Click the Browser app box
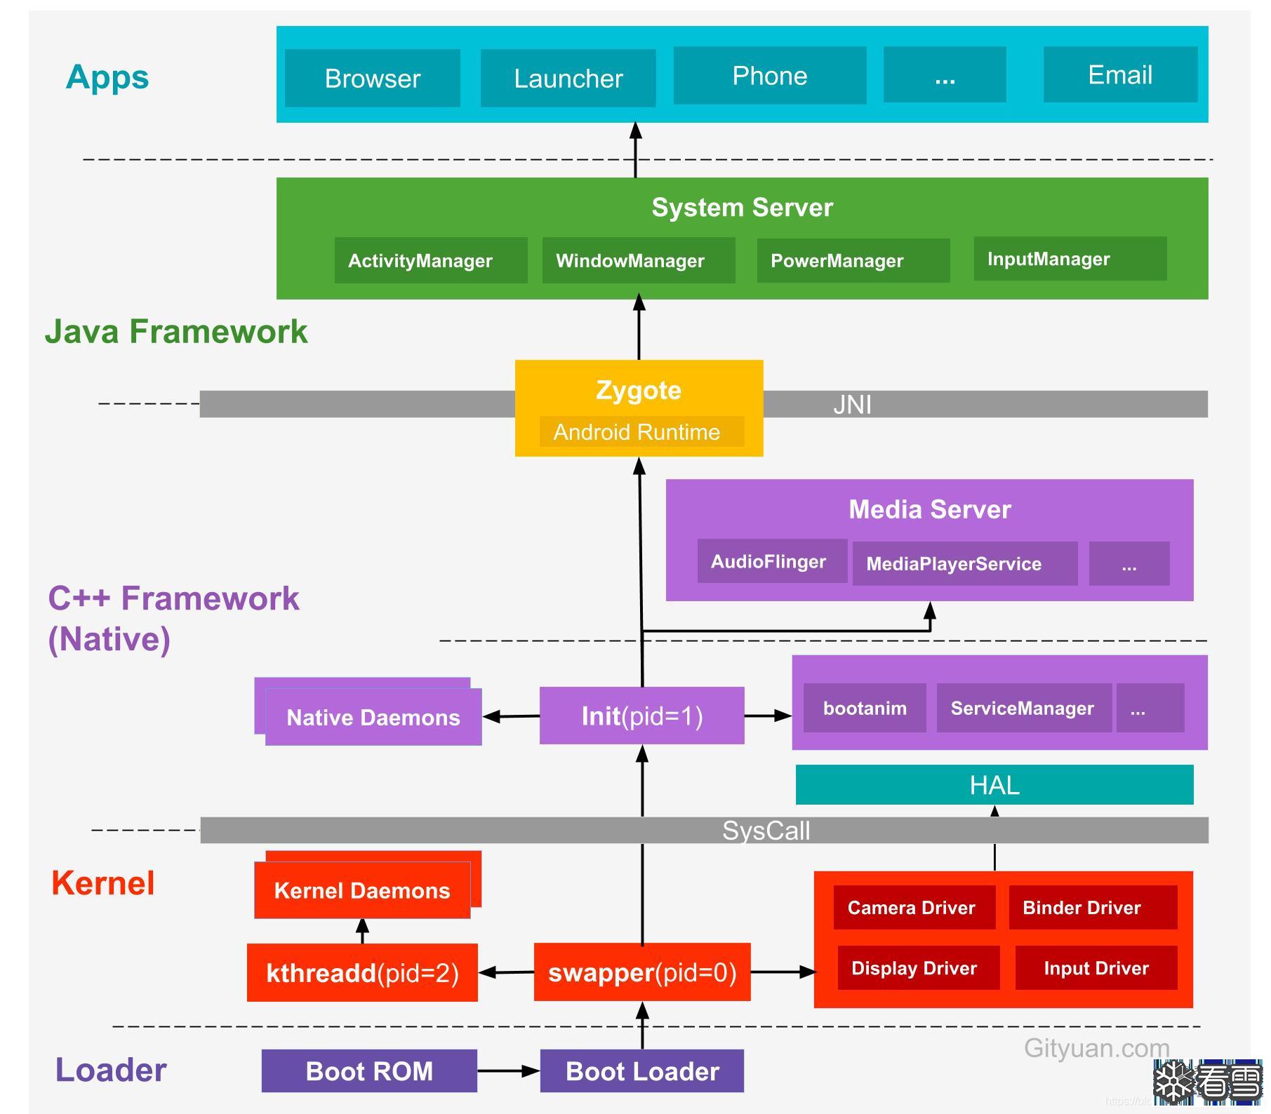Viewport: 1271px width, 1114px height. point(372,79)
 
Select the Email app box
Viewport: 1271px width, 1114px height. point(1119,75)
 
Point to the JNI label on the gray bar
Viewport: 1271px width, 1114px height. point(852,405)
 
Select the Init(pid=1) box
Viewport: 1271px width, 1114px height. point(641,716)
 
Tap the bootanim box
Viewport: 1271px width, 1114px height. point(864,709)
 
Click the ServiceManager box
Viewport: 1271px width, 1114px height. point(1023,709)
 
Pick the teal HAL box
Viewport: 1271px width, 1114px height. point(994,785)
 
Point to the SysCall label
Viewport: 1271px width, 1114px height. point(766,831)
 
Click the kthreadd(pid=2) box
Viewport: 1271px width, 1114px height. point(362,972)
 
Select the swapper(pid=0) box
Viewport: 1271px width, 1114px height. point(641,972)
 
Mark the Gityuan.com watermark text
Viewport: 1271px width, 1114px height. point(1096,1048)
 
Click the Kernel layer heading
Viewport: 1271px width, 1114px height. point(103,883)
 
